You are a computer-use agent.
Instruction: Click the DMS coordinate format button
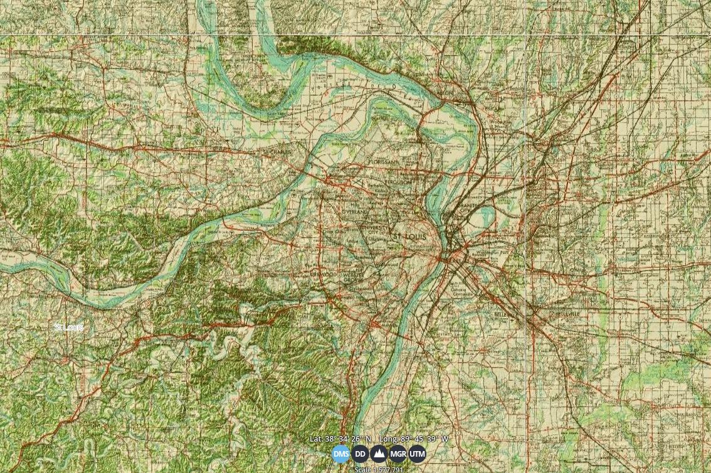coord(341,454)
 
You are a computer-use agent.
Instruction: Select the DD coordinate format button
coord(360,454)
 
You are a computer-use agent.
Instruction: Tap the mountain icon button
coord(379,454)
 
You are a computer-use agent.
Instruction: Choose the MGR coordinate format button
coord(398,454)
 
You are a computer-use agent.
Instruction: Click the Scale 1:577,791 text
coord(379,469)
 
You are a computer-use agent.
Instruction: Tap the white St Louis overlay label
coord(68,327)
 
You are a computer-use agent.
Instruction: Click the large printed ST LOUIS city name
coord(409,236)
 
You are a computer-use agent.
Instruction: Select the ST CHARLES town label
coord(277,152)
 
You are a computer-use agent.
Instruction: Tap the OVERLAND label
coord(356,213)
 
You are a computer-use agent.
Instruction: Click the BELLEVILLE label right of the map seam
coord(567,314)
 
